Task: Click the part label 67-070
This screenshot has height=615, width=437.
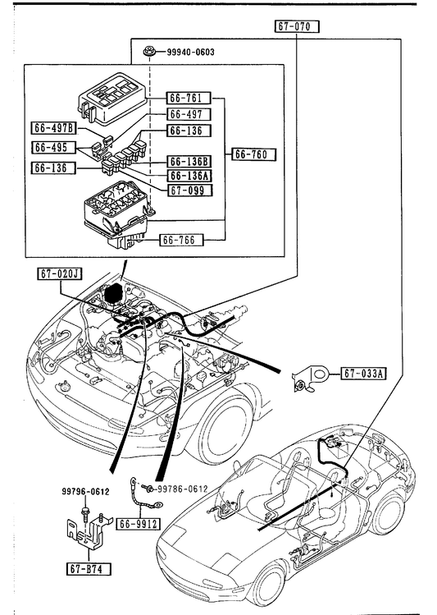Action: click(x=297, y=26)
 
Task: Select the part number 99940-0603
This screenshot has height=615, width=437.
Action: click(x=191, y=53)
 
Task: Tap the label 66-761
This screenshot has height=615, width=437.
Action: click(x=189, y=98)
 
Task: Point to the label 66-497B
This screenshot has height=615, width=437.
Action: click(x=54, y=128)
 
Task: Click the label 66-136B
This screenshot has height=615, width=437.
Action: click(x=189, y=161)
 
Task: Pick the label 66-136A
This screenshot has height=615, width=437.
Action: click(x=189, y=176)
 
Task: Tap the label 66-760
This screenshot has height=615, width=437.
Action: click(x=253, y=154)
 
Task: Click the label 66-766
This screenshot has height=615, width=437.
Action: click(x=182, y=240)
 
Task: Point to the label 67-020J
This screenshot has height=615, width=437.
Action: click(x=60, y=273)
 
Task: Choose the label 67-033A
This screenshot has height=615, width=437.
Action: click(x=363, y=374)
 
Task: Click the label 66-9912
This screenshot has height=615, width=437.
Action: click(x=139, y=524)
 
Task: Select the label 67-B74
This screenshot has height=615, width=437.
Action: click(x=89, y=569)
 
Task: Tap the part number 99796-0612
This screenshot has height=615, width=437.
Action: click(x=85, y=492)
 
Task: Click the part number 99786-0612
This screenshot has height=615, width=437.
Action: click(x=182, y=489)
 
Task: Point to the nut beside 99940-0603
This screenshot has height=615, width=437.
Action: click(x=148, y=51)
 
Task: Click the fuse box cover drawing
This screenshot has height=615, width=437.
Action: click(x=112, y=99)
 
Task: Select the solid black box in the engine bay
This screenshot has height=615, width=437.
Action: click(x=113, y=294)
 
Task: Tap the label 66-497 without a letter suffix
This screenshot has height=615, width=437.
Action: click(x=189, y=114)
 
